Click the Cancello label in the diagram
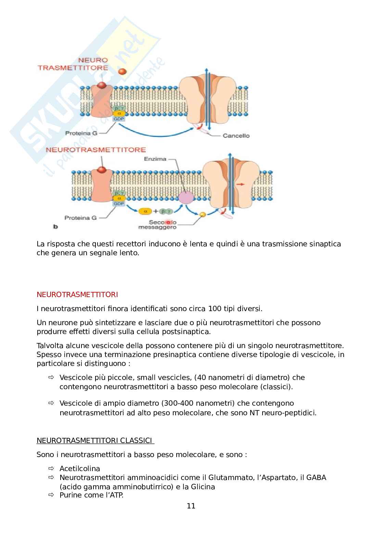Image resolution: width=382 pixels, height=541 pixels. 236,136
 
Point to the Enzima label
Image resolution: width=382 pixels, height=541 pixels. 155,159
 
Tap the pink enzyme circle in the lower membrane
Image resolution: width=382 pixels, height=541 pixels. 186,198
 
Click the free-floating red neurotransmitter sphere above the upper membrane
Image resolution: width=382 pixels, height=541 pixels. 123,71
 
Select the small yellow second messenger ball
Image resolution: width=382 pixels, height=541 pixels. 203,214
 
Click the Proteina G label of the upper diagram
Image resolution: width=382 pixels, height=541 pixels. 81,133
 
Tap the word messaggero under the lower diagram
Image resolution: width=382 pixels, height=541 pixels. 157,227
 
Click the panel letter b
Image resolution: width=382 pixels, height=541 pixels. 55,226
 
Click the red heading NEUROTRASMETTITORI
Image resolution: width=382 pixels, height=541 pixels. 77,295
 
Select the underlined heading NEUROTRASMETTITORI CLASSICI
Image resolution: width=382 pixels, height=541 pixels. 95,440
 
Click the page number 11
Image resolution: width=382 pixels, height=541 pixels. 191,506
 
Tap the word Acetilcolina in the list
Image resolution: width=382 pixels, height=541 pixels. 80,468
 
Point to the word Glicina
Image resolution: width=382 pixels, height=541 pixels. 202,487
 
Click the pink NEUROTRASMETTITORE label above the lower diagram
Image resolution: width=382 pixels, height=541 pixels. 96,150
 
